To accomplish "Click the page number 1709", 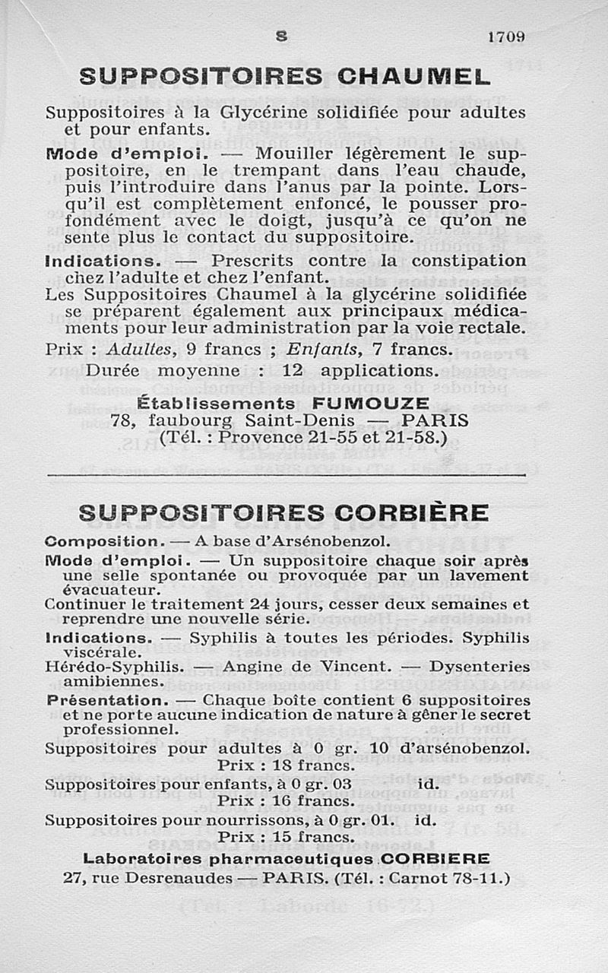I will pos(508,36).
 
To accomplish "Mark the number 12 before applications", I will pos(293,370).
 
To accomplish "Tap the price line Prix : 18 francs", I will pos(287,765).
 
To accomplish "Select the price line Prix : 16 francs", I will pos(287,800).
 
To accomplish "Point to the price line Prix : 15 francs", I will pos(287,837).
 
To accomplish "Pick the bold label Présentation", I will pos(106,699).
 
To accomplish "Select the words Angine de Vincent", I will pos(307,667).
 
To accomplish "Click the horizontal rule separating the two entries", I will pos(287,476).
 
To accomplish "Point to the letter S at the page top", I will pos(282,34).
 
